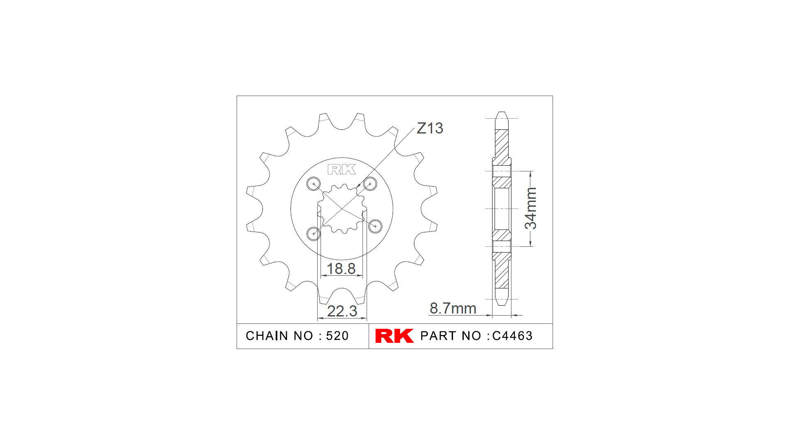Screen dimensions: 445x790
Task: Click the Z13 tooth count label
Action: pos(430,128)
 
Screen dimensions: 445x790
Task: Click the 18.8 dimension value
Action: pos(341,269)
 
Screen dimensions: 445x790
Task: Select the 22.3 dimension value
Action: pos(342,311)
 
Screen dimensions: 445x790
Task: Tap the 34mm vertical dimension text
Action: pos(531,208)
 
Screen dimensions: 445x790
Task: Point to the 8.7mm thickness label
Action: pos(453,308)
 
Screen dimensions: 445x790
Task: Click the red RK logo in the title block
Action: pos(394,336)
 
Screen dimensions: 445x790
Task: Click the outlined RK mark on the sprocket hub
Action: pos(342,169)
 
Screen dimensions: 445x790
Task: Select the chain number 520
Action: pos(337,336)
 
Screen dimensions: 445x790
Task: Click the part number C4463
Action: pos(512,336)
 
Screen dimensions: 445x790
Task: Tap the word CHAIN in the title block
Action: pos(267,336)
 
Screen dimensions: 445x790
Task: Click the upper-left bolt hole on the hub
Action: pos(314,183)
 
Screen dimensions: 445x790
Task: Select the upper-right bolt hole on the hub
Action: pos(370,183)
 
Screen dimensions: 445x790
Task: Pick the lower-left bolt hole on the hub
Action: pos(314,234)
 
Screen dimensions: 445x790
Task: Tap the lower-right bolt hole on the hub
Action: pos(375,226)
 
